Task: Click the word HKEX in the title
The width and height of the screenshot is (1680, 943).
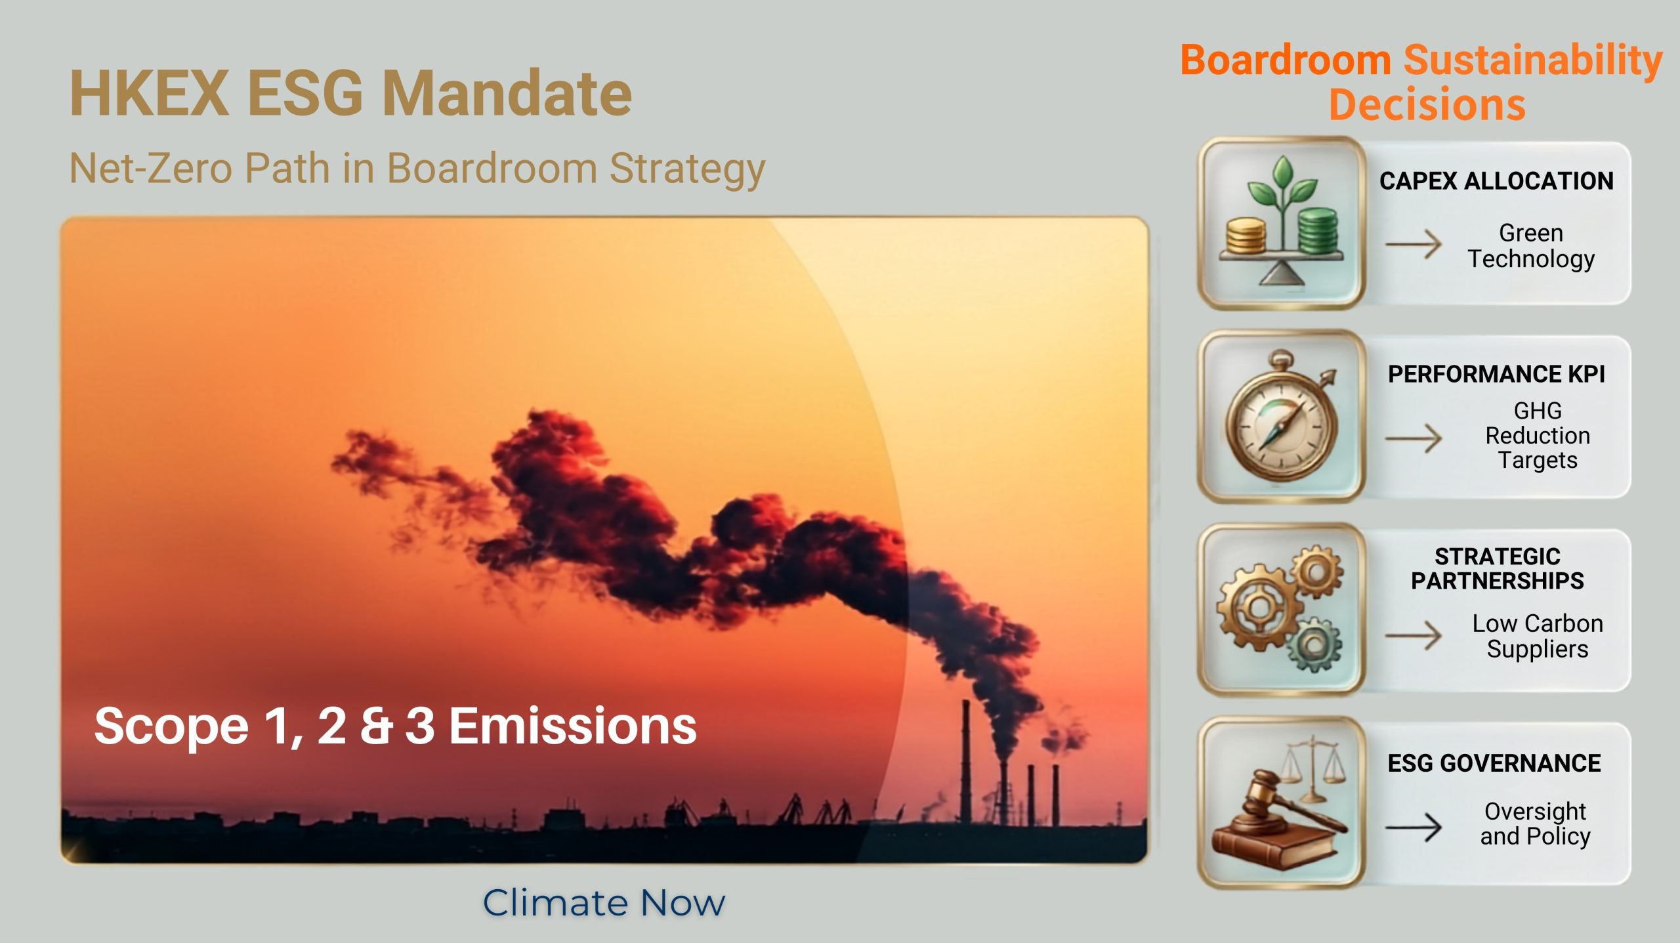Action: (x=150, y=94)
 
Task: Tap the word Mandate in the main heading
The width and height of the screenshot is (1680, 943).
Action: (x=507, y=94)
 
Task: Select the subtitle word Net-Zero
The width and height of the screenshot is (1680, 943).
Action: (x=150, y=169)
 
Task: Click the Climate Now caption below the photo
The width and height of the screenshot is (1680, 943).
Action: (x=604, y=903)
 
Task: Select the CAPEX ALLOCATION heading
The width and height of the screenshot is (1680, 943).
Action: (x=1496, y=181)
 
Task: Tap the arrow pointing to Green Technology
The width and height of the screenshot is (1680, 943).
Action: (x=1413, y=244)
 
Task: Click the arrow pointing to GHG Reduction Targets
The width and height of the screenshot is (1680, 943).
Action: (x=1413, y=438)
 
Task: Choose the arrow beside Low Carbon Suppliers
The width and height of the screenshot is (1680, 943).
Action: (x=1413, y=635)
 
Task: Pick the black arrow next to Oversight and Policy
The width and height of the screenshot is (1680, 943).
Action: (x=1413, y=828)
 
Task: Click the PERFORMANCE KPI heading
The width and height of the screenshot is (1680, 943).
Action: (x=1496, y=374)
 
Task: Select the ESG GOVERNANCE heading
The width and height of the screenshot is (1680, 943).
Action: (x=1494, y=763)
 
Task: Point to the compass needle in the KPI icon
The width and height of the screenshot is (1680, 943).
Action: (x=1281, y=427)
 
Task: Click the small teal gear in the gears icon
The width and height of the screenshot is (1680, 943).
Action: (x=1314, y=644)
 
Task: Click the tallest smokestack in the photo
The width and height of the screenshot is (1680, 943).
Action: (x=966, y=761)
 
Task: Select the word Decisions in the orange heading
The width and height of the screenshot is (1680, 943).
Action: (x=1427, y=105)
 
